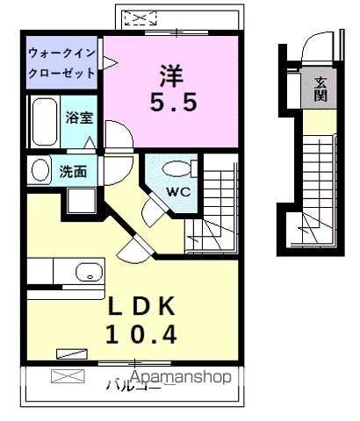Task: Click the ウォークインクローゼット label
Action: (x=62, y=61)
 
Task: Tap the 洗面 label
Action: (x=72, y=171)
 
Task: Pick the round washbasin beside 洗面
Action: (x=40, y=170)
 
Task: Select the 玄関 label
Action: (x=320, y=89)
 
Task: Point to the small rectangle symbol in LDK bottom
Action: (x=69, y=353)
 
